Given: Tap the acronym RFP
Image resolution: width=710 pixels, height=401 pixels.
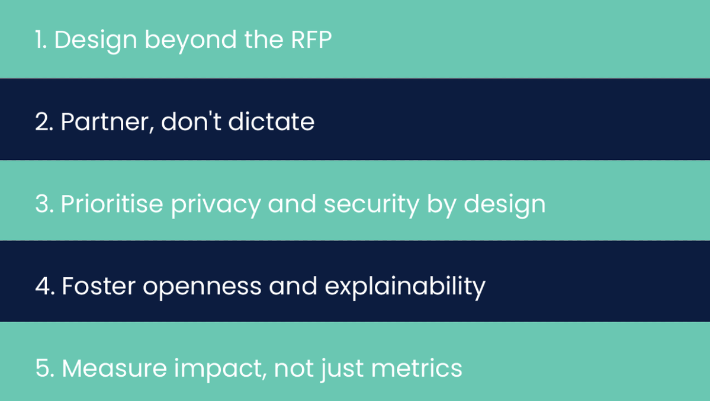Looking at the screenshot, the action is [311, 40].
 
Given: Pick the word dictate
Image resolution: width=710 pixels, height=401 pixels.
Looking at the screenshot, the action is [271, 121].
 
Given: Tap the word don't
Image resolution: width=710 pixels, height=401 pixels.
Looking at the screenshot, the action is [191, 121].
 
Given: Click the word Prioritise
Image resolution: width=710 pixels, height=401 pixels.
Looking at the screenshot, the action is [112, 203].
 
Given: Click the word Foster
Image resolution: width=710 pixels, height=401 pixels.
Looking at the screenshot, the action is [98, 285].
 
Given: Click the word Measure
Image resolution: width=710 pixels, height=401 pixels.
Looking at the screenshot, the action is [114, 368].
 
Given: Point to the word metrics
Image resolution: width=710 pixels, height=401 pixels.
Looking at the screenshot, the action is [416, 367].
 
